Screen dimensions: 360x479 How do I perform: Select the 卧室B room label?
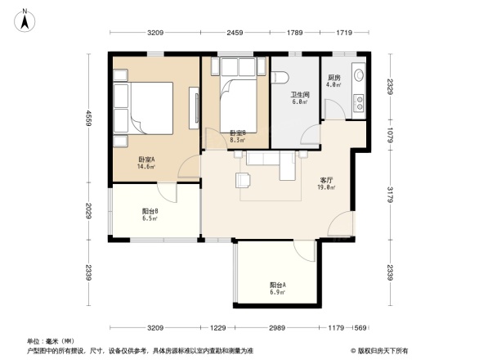point(237,133)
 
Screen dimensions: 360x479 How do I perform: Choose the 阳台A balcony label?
point(278,285)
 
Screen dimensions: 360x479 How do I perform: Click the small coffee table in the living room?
point(243,179)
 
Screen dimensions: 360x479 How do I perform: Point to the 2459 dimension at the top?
point(235,34)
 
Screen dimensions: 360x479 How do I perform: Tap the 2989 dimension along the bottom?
point(275,329)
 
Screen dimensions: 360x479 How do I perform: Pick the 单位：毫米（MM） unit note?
point(51,340)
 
